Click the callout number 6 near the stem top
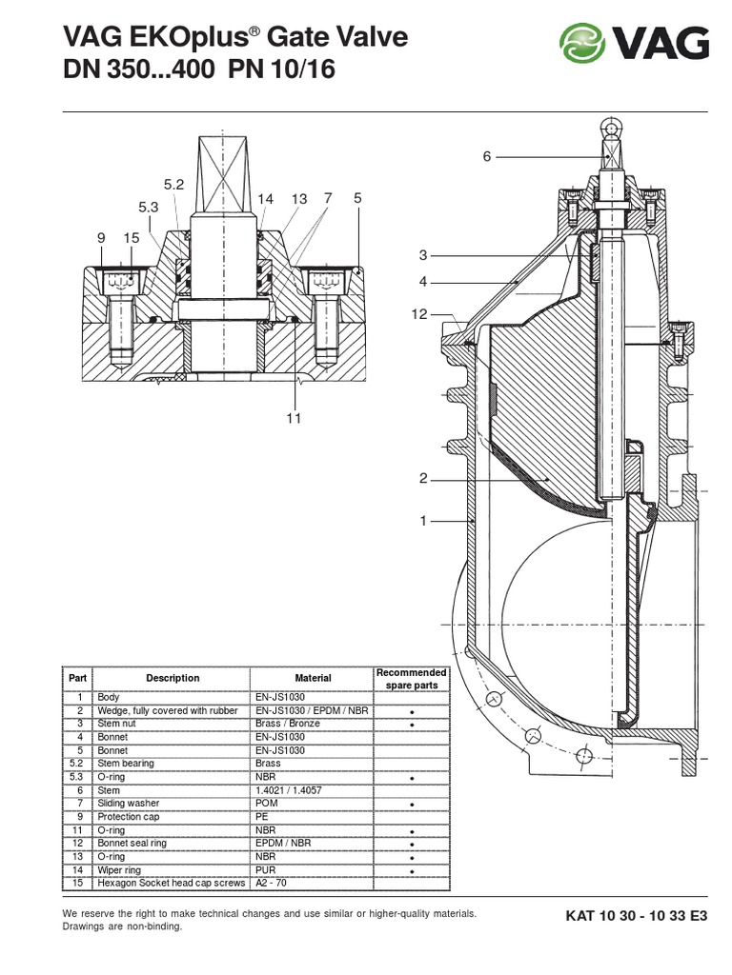[x=486, y=156]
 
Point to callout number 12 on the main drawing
[x=420, y=314]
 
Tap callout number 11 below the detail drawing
[x=294, y=418]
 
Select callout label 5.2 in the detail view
[x=173, y=186]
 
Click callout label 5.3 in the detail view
[x=148, y=207]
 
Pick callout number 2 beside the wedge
[x=423, y=478]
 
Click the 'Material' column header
[x=313, y=678]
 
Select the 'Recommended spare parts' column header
[x=411, y=678]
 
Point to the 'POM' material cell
[x=267, y=804]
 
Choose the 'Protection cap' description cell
[x=129, y=817]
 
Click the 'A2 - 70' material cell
[x=273, y=884]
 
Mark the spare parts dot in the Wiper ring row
[x=411, y=870]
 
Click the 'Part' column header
[x=76, y=678]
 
